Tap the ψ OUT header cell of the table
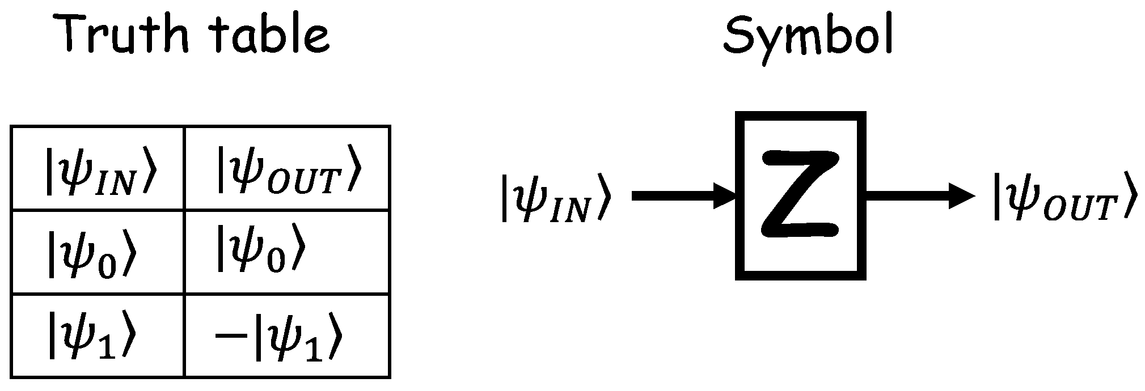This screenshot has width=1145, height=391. [x=288, y=169]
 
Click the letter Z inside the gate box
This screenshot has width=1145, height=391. [x=800, y=194]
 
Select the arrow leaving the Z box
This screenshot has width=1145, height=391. [x=919, y=197]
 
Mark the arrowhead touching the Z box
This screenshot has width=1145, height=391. [x=726, y=197]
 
